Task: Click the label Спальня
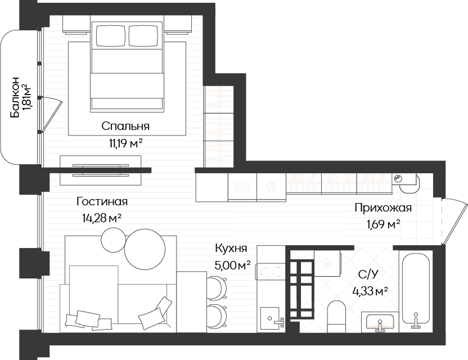(x=125, y=126)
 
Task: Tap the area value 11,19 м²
(x=125, y=143)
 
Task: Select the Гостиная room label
(x=102, y=201)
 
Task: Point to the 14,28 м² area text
(x=102, y=218)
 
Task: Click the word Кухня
(x=231, y=249)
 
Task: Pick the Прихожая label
(x=383, y=208)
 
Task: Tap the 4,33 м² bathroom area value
(x=370, y=291)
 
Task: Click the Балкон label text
(x=15, y=97)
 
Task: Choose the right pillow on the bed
(x=143, y=35)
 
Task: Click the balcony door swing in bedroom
(x=52, y=114)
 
